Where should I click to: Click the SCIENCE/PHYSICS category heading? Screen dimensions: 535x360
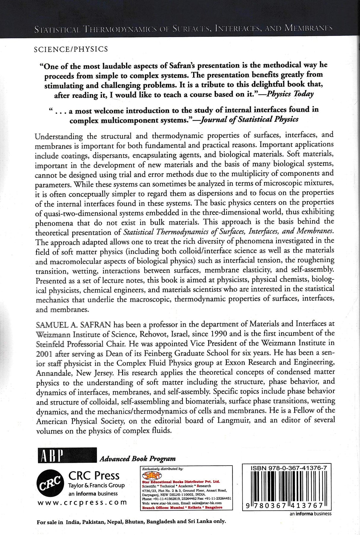[x=71, y=50]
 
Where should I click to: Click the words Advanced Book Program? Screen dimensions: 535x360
[x=138, y=458]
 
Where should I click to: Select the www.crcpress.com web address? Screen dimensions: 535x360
[x=82, y=502]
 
